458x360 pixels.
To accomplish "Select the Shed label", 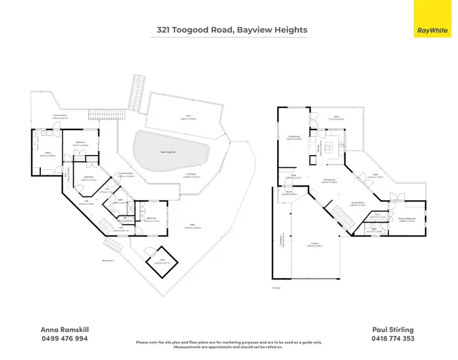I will [162, 261].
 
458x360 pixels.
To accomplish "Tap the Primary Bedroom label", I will [407, 219].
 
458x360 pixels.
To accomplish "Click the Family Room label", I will [358, 203].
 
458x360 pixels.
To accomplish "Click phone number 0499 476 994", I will [64, 338].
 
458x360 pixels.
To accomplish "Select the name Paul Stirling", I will [393, 329].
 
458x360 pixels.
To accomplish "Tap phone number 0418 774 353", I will [393, 338].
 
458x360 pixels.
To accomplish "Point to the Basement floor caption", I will [108, 261].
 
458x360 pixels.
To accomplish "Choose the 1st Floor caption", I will [277, 287].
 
